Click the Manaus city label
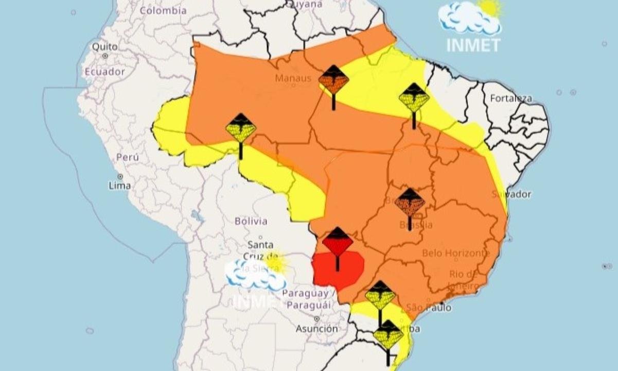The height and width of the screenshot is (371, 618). [293, 78]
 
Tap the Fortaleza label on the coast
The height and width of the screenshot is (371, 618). [511, 98]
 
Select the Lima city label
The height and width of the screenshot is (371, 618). [119, 185]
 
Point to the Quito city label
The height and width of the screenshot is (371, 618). [104, 47]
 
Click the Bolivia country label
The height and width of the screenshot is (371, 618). [251, 222]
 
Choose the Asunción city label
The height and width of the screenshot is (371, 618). [317, 328]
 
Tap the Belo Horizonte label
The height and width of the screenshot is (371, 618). [456, 253]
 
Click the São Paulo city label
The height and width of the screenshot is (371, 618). [429, 308]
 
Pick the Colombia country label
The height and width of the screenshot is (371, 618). [163, 10]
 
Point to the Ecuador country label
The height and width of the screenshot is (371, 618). [105, 72]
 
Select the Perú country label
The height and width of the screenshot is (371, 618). [128, 157]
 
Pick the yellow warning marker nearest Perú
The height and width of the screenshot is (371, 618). [241, 129]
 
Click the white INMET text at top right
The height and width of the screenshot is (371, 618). [473, 45]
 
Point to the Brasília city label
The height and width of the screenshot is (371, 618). [416, 225]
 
